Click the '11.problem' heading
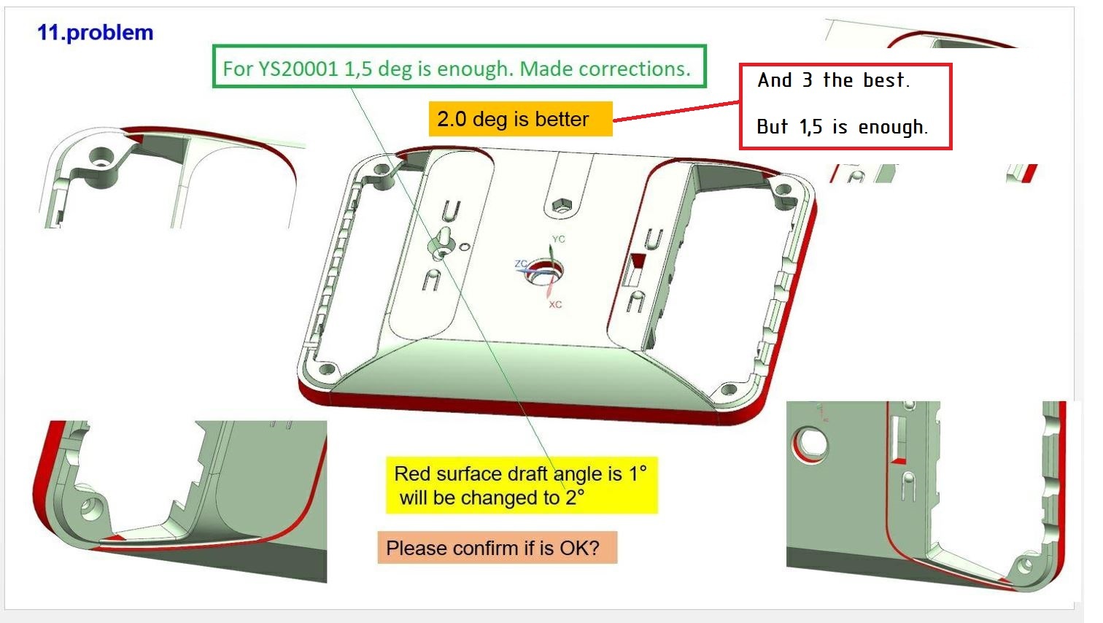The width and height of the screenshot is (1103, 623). (x=95, y=33)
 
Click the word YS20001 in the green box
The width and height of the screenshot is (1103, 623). (x=299, y=69)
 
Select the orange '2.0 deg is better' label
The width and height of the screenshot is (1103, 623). (x=520, y=119)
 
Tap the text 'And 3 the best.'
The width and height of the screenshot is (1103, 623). (x=833, y=80)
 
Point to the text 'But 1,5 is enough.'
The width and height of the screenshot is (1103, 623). (x=842, y=127)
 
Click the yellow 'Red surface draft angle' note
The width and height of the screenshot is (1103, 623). (x=522, y=485)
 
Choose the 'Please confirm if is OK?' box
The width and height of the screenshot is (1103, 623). (x=498, y=548)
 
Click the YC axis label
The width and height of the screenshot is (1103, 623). (x=558, y=239)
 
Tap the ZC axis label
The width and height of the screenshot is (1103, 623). (x=520, y=263)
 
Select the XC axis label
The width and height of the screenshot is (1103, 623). (x=555, y=305)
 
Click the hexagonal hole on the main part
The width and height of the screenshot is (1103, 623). (x=561, y=206)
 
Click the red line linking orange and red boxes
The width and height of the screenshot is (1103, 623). (x=676, y=111)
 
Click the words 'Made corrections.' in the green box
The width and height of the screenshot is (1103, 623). (x=605, y=69)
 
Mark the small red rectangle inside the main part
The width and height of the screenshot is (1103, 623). (x=638, y=260)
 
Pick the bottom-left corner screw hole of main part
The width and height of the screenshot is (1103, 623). (x=327, y=369)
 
